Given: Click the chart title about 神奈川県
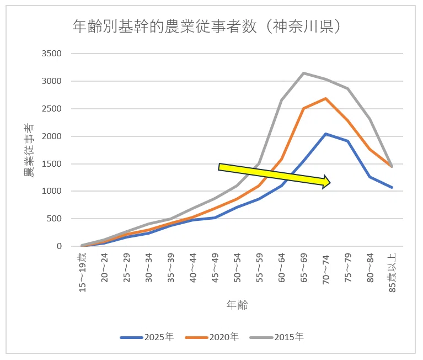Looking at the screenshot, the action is (206, 27).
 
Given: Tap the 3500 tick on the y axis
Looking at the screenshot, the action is (51, 54).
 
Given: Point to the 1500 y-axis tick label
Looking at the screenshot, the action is (51, 164).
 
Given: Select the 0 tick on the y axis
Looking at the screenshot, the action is (59, 246).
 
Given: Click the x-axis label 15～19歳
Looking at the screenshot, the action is (83, 272).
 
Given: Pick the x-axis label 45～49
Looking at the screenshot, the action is (215, 268).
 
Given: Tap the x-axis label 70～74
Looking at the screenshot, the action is (326, 268).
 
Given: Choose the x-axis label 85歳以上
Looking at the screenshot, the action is (393, 272).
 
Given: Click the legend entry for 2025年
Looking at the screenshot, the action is (147, 337).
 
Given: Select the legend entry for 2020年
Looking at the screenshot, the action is (212, 337).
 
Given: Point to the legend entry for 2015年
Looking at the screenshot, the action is (277, 337).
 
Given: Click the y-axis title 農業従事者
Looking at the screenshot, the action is (29, 150).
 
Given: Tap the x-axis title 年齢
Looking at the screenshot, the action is (237, 305).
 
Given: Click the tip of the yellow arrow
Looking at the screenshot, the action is (330, 182).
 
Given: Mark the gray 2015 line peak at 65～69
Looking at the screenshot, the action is (304, 73).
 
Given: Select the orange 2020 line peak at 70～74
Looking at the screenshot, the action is (326, 98).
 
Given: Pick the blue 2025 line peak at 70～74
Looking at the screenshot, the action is (326, 134).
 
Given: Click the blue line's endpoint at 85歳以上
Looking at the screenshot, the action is (392, 187).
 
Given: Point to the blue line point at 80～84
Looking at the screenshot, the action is (370, 177).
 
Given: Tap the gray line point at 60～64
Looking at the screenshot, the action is (282, 100).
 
